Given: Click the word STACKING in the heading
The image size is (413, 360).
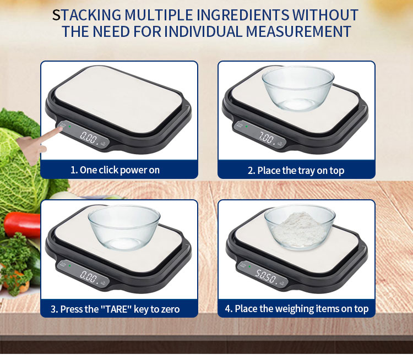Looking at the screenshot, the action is click(x=86, y=15).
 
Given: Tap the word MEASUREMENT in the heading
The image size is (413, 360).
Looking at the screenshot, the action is click(x=298, y=31).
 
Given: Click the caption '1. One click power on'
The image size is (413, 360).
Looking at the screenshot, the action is click(x=115, y=170).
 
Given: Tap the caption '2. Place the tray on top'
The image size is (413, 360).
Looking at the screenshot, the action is click(x=296, y=171).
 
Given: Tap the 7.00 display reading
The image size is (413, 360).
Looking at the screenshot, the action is click(x=267, y=138).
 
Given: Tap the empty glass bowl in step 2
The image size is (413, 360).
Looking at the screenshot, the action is click(x=298, y=88).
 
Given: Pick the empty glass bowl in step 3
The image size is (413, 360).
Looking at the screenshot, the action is click(x=124, y=227).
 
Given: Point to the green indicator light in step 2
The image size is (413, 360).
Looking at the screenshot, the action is click(x=246, y=127).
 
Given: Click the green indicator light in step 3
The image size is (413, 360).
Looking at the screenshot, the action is click(x=69, y=266).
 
